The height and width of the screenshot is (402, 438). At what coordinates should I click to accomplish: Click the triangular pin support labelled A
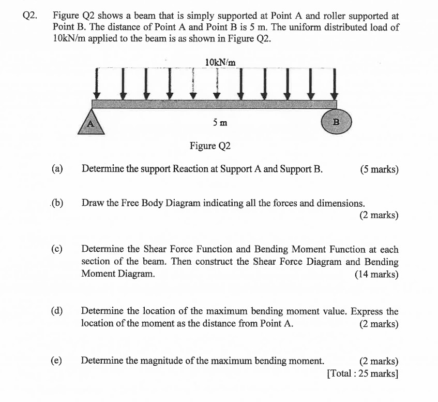pos(91,123)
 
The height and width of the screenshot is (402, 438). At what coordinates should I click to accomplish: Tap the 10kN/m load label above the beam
pos(220,62)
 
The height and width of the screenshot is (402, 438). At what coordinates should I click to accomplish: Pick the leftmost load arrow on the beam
pos(97,85)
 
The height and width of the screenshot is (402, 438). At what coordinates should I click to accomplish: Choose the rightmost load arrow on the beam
pos(334,85)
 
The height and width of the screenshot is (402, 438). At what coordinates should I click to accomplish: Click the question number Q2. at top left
pos(31,16)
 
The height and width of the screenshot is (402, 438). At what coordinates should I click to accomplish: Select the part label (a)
pos(57,169)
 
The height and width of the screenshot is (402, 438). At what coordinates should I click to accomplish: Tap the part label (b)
pos(57,203)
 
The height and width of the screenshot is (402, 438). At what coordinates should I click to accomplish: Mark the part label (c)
pos(57,249)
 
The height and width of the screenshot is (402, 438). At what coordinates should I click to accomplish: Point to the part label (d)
pos(57,311)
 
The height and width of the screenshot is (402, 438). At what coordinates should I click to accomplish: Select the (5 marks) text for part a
pos(379,169)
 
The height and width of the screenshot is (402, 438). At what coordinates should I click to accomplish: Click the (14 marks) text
pos(376,274)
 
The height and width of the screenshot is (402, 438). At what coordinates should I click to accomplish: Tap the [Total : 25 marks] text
pos(363,372)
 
